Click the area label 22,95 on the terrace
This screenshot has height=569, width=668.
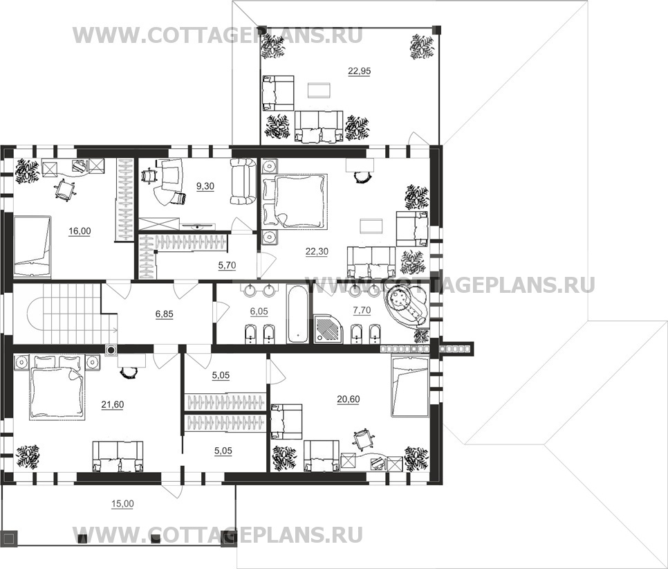[359, 70]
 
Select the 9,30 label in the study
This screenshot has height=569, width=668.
[205, 186]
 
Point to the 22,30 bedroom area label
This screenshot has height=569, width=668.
[316, 252]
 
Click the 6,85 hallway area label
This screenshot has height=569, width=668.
[165, 314]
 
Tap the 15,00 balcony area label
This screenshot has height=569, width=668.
[122, 503]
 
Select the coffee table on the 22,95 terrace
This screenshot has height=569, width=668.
[319, 90]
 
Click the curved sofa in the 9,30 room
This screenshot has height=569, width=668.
[242, 181]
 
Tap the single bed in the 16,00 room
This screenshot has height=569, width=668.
[32, 240]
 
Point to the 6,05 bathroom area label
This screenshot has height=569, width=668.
[260, 311]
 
